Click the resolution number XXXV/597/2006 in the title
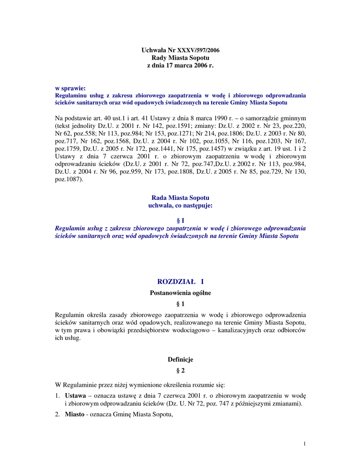tap(198, 50)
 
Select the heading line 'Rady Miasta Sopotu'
tap(180, 58)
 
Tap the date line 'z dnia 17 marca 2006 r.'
tap(180, 66)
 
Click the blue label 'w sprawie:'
tap(71, 88)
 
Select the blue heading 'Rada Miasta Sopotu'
tap(180, 198)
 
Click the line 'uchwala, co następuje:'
tap(180, 206)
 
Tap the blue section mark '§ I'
tap(180, 221)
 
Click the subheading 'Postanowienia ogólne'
tap(180, 294)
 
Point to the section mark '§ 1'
tap(180, 304)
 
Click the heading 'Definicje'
tap(180, 360)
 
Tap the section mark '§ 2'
tap(180, 371)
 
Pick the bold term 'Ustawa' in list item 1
tap(75, 396)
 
